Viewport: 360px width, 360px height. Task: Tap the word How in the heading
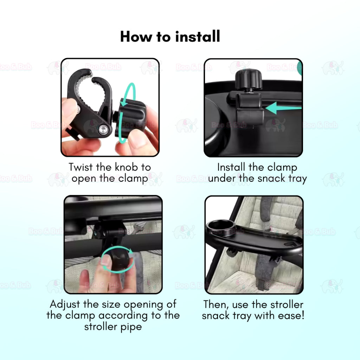[x=136, y=37]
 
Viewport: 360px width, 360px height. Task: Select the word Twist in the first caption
[x=81, y=167]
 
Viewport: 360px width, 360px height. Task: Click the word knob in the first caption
[x=126, y=167]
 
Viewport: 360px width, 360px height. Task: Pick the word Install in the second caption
[x=231, y=167]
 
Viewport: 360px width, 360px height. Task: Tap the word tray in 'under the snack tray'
[x=297, y=179]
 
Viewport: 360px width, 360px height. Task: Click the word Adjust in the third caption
[x=65, y=305]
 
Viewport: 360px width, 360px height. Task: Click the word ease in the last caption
[x=291, y=316]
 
